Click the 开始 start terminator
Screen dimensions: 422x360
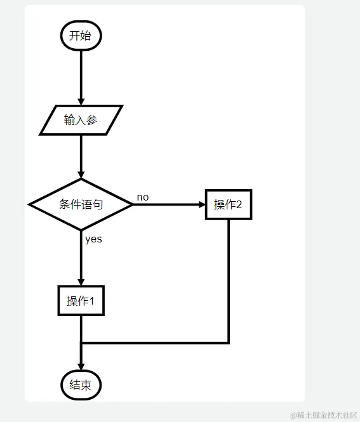(x=81, y=36)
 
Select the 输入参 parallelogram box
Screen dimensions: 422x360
(x=81, y=121)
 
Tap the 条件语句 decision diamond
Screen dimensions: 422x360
(x=81, y=204)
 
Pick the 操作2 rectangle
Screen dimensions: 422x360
(x=229, y=204)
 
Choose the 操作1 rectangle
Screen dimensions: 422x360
(x=81, y=301)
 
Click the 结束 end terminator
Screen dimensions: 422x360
(x=81, y=385)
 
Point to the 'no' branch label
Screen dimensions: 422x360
(x=143, y=197)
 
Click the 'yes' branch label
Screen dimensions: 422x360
(x=93, y=239)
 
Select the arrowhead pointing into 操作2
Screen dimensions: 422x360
(x=202, y=204)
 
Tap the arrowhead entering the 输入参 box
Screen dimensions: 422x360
(x=81, y=102)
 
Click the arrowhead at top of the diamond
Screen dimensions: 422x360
(x=81, y=175)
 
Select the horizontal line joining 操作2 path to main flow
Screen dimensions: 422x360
(x=156, y=343)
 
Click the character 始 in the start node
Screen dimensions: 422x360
(x=86, y=36)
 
